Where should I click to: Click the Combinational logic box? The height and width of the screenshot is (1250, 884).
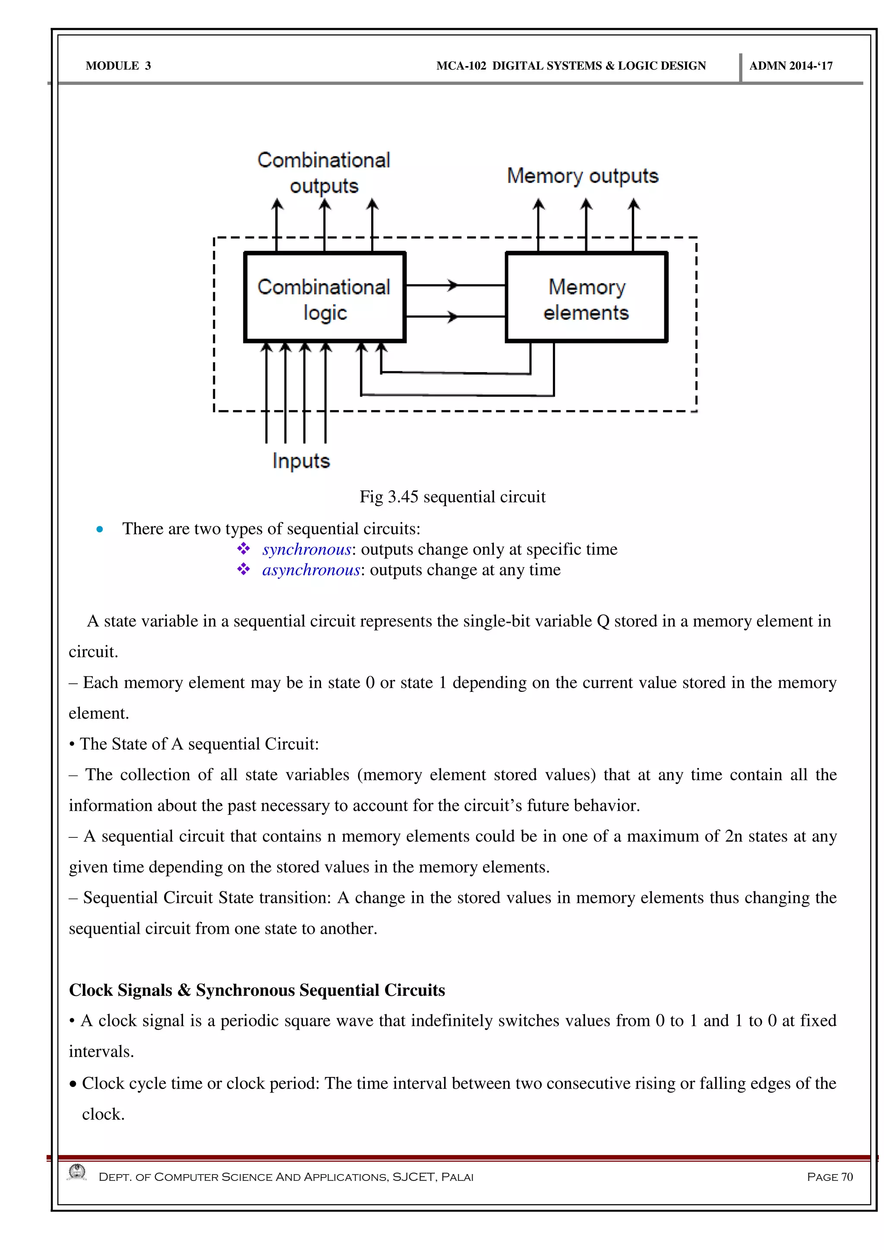[325, 298]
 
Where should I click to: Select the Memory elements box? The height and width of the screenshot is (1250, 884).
[586, 298]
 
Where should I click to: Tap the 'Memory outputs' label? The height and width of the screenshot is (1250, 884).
[582, 176]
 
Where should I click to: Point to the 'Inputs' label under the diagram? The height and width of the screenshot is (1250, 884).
[301, 461]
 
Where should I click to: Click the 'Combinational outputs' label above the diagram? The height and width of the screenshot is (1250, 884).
[324, 173]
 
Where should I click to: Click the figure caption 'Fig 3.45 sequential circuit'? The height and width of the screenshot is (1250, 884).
[452, 496]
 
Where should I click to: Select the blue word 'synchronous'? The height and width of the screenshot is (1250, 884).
[306, 549]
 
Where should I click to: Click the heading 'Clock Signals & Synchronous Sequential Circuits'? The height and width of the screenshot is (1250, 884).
[257, 990]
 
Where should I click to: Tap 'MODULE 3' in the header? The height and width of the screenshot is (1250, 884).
[118, 66]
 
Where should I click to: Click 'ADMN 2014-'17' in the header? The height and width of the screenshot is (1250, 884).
[790, 66]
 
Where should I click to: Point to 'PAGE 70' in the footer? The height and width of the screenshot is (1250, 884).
[830, 1177]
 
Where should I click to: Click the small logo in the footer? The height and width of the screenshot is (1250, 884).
[77, 1172]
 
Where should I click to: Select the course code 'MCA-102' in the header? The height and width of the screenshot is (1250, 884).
[461, 66]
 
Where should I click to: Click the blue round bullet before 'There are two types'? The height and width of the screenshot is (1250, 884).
[100, 529]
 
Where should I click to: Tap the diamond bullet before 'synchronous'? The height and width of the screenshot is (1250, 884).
[243, 549]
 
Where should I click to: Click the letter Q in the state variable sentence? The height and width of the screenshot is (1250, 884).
[603, 621]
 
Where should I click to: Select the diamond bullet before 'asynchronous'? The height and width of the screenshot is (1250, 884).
[243, 569]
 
